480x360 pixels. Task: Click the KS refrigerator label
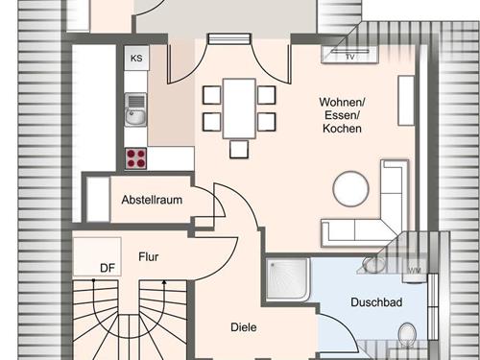point(136,59)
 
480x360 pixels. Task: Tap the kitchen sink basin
point(135,116)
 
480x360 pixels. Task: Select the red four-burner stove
point(136,158)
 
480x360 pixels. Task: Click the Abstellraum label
point(152,200)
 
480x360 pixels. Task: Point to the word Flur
point(149,256)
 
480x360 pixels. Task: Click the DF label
point(108,268)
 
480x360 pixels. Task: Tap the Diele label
point(244,327)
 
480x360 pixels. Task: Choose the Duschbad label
point(376,302)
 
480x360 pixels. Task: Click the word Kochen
point(342,129)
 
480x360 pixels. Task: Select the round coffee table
point(351,189)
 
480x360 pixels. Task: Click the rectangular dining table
point(239,108)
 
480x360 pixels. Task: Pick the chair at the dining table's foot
point(239,150)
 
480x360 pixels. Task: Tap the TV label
point(350,58)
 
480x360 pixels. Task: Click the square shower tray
point(287,279)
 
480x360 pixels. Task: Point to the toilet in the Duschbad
point(407,334)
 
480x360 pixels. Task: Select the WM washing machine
point(415,271)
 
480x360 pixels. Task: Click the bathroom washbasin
point(374,265)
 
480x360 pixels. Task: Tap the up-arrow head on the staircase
point(164,282)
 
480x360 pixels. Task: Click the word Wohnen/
point(342,103)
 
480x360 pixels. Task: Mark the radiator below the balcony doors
point(228,38)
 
